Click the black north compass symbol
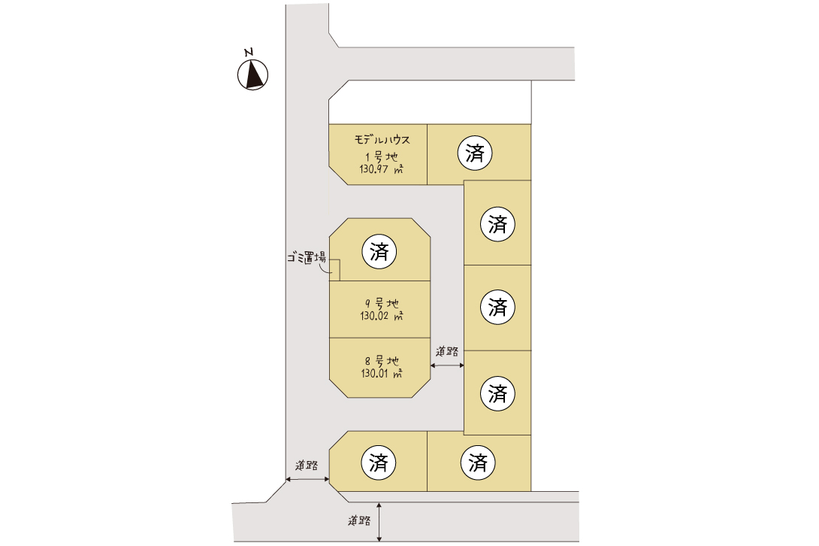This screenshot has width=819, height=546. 252,74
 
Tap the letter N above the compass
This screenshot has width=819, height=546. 249,53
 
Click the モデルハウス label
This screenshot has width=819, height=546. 382,140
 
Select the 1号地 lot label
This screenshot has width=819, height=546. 381,156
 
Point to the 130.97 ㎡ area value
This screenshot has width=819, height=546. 381,169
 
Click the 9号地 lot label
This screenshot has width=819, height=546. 382,303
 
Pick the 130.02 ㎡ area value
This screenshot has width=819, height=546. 382,316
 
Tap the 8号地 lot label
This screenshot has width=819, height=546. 382,361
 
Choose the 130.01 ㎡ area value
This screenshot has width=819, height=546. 382,374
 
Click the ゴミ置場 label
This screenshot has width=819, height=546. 307,257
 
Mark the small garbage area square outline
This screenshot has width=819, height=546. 334,271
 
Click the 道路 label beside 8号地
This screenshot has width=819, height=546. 447,351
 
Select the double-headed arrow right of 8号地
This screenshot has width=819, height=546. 447,365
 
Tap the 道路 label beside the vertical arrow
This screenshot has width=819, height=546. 359,521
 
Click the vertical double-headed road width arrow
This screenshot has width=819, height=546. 379,522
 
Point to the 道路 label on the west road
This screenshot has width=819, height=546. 307,465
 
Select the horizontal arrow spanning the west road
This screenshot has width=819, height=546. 307,478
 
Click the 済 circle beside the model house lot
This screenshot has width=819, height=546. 475,153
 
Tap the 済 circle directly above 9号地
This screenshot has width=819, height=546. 379,251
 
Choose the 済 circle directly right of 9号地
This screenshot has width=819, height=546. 497,307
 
